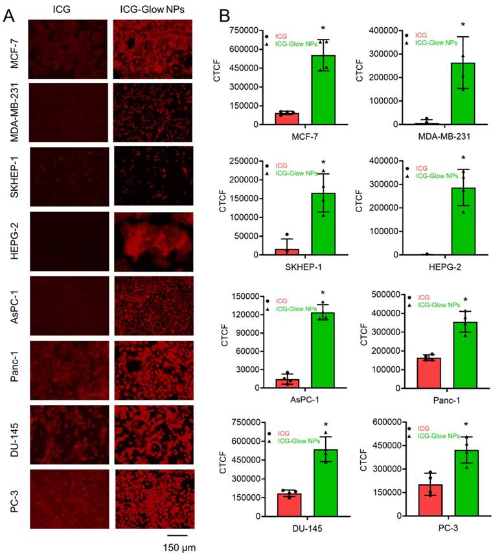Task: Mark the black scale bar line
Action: (177, 535)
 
